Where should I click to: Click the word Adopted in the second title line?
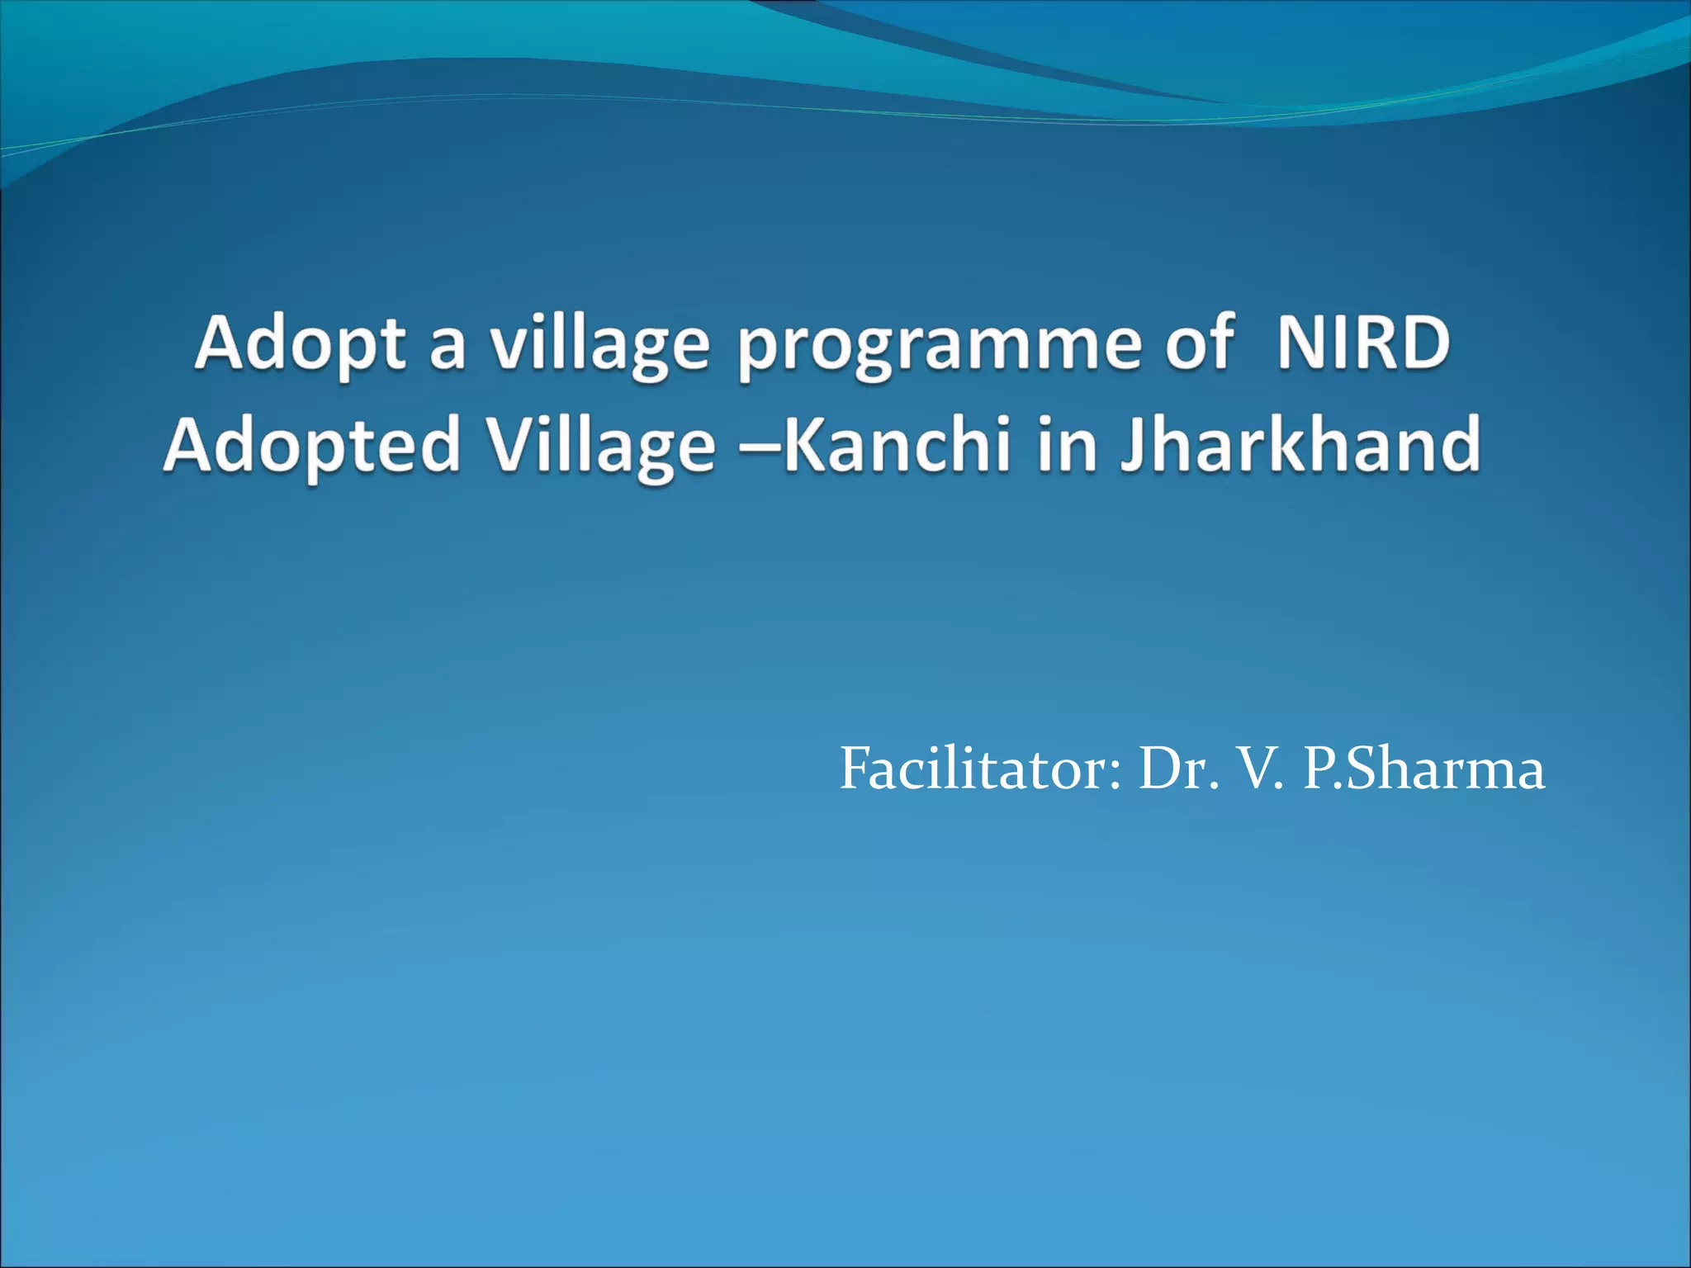pyautogui.click(x=311, y=447)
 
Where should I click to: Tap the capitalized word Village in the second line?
pyautogui.click(x=600, y=447)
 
